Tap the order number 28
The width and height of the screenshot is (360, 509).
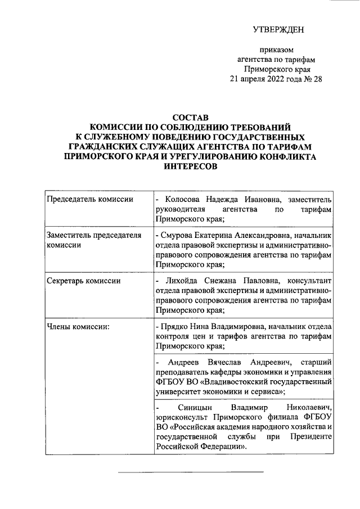[x=317, y=79]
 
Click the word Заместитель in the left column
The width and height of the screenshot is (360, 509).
[x=67, y=235]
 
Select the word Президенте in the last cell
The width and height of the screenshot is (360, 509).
[x=313, y=437]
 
